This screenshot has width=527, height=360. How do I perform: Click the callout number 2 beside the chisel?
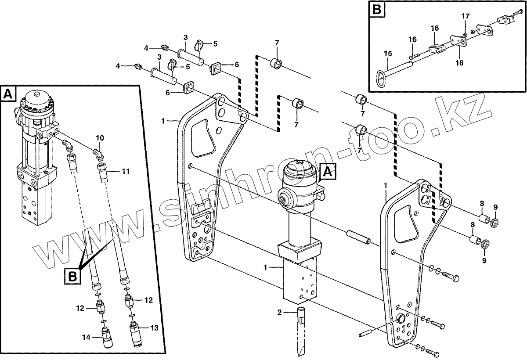(279, 313)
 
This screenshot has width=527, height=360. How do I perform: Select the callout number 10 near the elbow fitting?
(100, 139)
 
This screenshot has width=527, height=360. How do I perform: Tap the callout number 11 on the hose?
(126, 171)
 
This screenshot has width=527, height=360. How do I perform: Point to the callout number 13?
(154, 328)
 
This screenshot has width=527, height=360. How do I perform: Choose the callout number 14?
(87, 337)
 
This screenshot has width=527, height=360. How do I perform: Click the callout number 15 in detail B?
(388, 54)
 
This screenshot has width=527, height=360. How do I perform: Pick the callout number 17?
(466, 16)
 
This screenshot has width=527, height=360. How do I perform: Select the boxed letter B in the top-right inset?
(376, 10)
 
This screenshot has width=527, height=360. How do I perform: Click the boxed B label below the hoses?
(73, 277)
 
